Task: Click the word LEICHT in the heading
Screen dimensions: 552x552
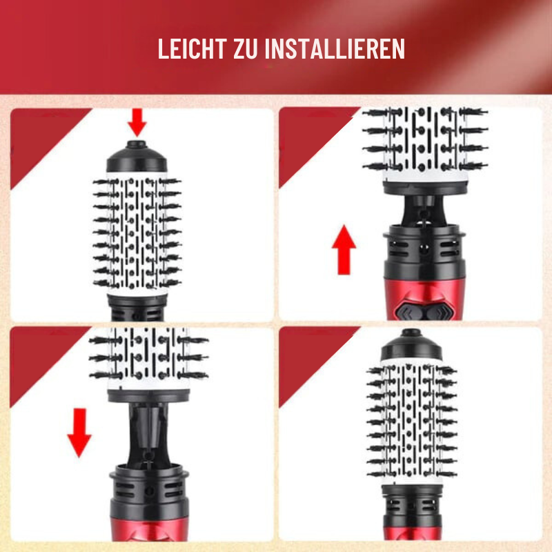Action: [x=192, y=48]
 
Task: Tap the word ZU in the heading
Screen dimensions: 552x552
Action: [x=246, y=48]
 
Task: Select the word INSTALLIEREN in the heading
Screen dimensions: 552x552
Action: [x=335, y=48]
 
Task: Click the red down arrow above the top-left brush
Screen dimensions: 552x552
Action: [x=137, y=122]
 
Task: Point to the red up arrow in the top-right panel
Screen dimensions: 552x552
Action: [x=344, y=250]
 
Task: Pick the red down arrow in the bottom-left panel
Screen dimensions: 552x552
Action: [x=79, y=433]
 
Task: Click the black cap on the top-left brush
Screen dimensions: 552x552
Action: [x=137, y=157]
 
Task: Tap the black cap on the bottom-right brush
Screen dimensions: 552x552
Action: [x=411, y=345]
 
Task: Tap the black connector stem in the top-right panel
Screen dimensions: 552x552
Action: [x=424, y=210]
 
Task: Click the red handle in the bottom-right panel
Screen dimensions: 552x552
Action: [x=412, y=533]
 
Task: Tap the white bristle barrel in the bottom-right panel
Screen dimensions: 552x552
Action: [x=411, y=422]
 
